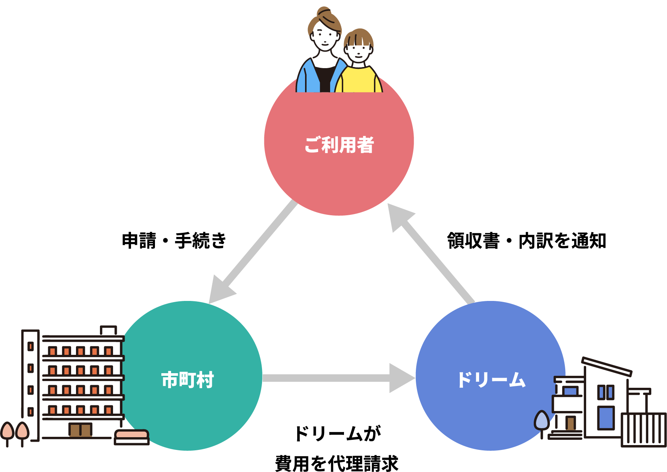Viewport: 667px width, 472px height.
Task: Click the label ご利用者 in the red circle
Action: pos(339,145)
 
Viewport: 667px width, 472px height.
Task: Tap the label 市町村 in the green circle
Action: pos(188,380)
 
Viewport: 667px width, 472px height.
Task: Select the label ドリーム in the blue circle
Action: pos(491,380)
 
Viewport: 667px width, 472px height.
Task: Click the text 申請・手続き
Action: pos(174,240)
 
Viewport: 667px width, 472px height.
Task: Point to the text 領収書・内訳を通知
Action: pos(526,240)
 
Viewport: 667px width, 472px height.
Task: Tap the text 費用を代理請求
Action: pos(337,463)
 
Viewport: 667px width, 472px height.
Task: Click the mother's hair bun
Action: pos(323,12)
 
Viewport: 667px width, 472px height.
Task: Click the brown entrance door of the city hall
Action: pos(80,430)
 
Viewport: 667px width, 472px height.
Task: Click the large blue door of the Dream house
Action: pos(605,417)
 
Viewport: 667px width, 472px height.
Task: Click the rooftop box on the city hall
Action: pos(109,331)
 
